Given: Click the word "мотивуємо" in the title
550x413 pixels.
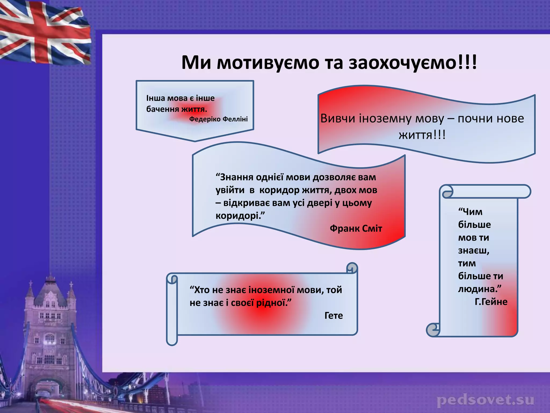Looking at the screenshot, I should tap(269, 63).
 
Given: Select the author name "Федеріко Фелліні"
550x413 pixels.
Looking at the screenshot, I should tap(218, 119).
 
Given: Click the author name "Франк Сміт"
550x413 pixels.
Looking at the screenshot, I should tap(356, 229).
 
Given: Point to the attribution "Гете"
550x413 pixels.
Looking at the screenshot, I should tap(334, 315).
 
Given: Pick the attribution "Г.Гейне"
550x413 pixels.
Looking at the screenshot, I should tap(491, 302).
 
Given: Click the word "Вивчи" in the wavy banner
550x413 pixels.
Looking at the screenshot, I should tap(338, 119).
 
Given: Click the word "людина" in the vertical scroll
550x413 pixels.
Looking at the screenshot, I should tap(478, 289).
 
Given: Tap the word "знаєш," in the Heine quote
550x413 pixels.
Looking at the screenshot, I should tap(474, 251).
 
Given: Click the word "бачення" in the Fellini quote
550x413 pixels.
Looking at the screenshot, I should tap(162, 109).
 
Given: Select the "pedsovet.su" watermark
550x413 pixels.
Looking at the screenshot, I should tap(486, 401).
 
